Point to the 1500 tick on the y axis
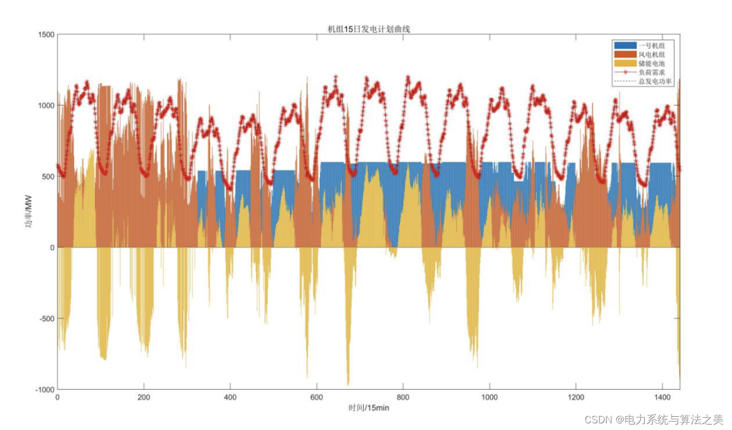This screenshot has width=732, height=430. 46,35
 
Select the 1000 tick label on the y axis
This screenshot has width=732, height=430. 46,105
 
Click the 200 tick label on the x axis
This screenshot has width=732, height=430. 144,397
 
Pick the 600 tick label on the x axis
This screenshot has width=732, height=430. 317,397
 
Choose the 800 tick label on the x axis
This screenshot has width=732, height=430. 404,397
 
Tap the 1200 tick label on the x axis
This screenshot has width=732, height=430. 576,397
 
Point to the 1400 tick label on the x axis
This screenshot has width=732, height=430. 663,397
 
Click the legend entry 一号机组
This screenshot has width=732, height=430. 651,45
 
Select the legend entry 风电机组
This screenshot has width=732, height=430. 651,54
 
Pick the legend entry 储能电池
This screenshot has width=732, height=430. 651,63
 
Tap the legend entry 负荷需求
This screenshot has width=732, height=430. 651,72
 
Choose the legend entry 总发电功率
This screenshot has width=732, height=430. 655,81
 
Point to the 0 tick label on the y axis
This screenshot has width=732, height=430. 52,248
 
